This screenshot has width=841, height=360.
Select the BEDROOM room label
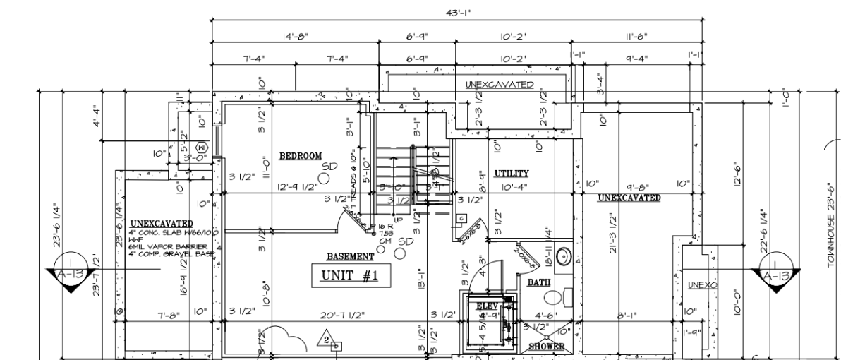(301, 155)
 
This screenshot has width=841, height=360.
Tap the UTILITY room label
(512, 173)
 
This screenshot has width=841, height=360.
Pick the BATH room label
(539, 282)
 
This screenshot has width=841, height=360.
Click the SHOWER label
(547, 347)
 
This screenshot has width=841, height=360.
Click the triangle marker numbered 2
(327, 339)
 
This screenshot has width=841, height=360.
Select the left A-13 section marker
(70, 272)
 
